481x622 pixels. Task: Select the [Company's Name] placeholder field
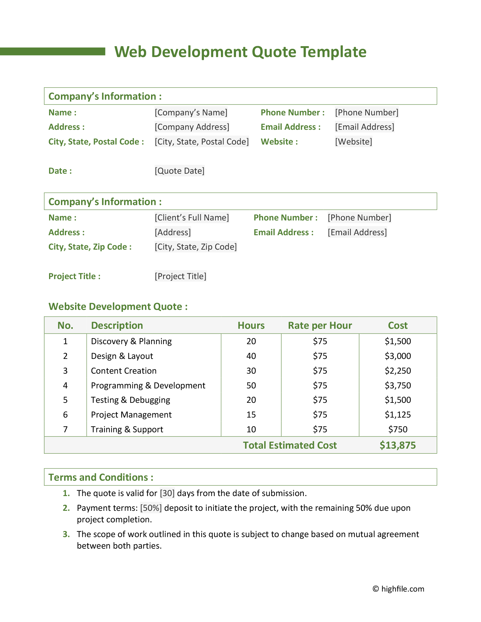191,112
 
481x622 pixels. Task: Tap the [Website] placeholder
353,142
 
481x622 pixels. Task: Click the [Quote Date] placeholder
179,171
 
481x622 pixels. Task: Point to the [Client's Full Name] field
192,218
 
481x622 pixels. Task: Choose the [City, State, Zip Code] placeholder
196,247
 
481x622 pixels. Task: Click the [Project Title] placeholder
180,276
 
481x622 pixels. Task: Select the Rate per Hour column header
320,326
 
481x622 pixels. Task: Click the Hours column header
251,326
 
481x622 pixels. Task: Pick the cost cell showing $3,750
398,386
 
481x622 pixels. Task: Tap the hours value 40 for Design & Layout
251,356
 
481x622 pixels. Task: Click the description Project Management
131,415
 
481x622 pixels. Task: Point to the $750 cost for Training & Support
398,429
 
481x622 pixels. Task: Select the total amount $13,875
398,445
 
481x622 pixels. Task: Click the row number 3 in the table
65,371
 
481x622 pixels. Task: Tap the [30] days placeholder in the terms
167,493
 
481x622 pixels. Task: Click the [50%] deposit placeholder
151,508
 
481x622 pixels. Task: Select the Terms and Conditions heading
101,477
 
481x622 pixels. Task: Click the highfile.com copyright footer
398,589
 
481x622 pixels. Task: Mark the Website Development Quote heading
118,307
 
